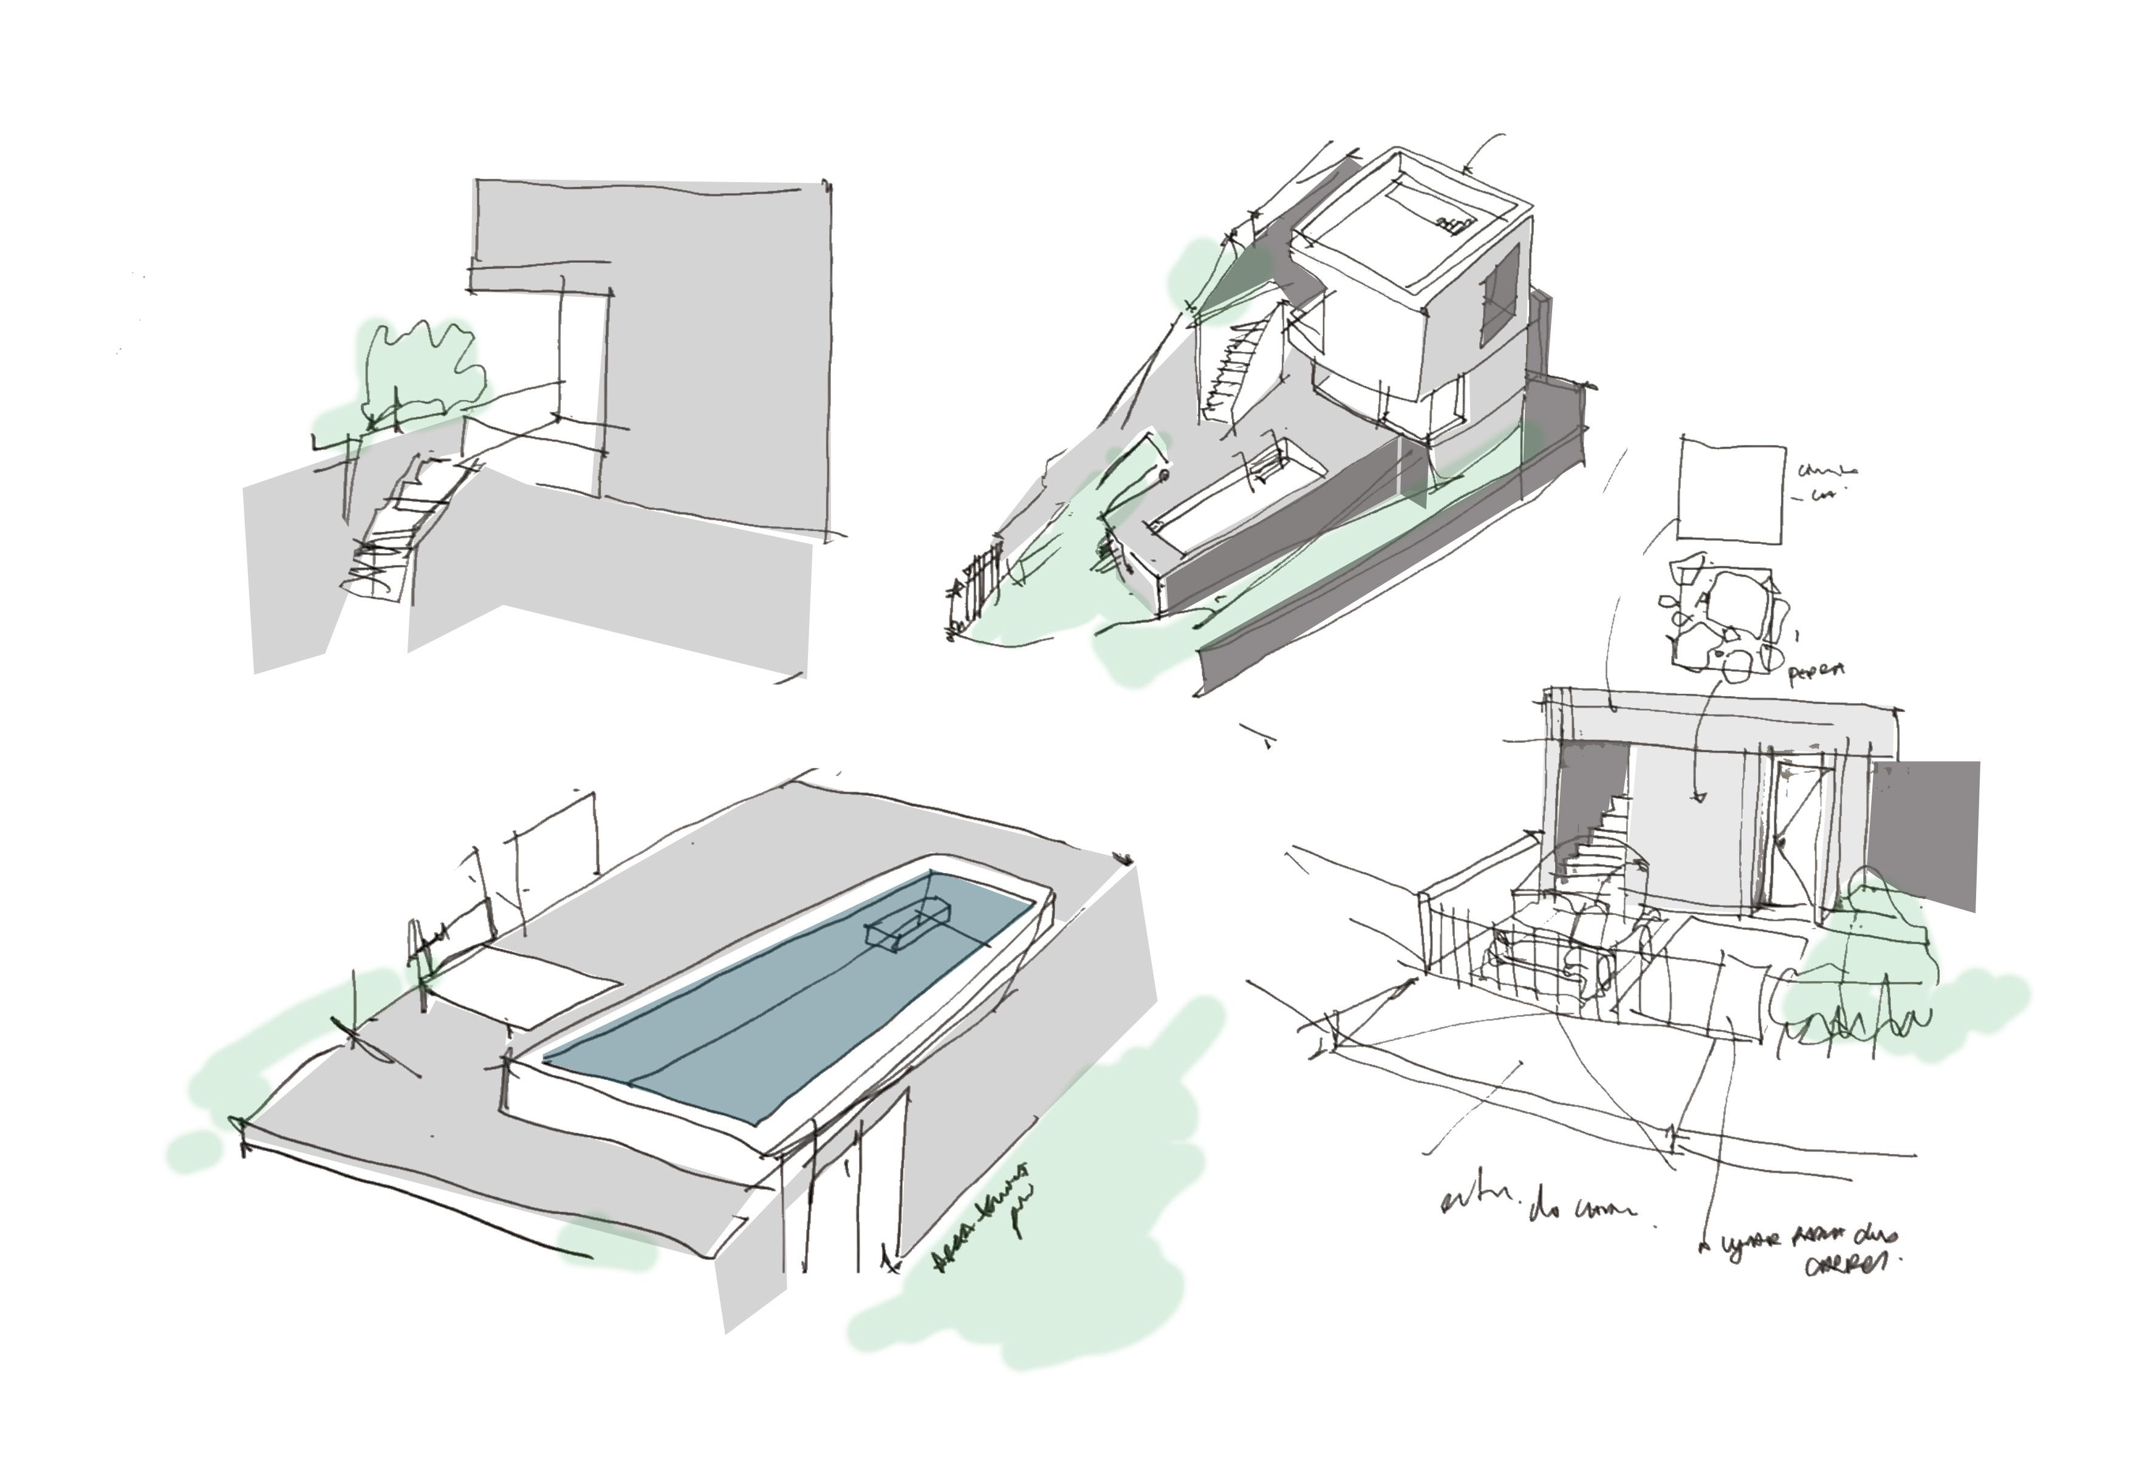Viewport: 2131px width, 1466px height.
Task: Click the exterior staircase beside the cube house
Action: pyautogui.click(x=1236, y=372)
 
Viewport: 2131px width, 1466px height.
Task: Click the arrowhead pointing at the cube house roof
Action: pyautogui.click(x=1468, y=169)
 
